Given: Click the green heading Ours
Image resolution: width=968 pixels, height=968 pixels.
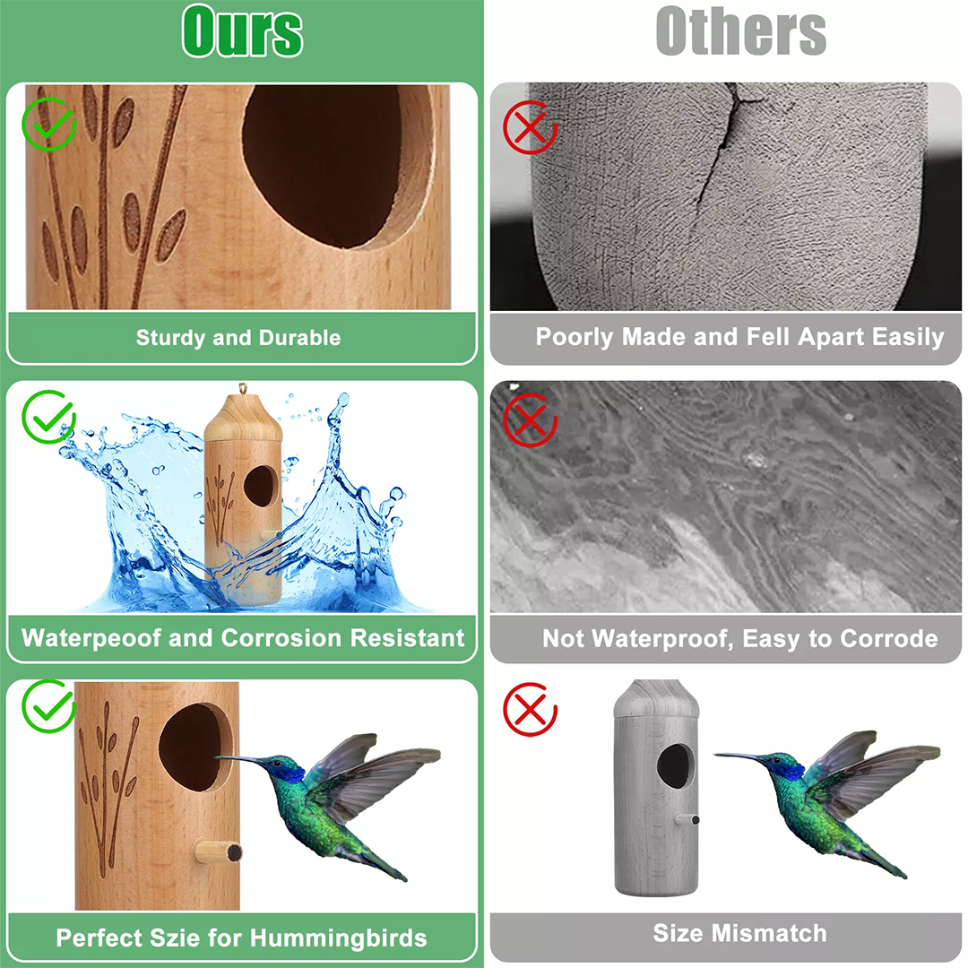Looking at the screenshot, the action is coord(243,30).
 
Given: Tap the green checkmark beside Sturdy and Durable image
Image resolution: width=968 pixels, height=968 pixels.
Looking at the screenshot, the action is coord(48,124).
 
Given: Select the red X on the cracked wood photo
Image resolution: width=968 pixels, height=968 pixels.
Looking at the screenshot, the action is coord(530,128).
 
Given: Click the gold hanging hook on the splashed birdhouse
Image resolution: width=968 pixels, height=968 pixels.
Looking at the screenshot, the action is coord(243,389).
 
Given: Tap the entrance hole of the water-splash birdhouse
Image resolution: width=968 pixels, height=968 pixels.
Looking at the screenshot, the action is coord(261,486).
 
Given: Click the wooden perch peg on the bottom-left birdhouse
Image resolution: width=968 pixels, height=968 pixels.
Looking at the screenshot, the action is coord(217,852).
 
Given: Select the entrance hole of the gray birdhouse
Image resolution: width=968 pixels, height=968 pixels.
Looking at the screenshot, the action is coord(675,765).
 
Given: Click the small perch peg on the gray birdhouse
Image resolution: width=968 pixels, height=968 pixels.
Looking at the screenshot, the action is coord(687,820).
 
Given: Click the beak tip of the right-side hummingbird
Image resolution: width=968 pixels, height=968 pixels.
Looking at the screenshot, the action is coord(715,754).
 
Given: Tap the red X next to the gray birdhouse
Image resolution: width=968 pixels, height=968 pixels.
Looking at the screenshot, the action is coord(530,709).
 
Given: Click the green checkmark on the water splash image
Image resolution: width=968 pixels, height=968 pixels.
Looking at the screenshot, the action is coord(48,417).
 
